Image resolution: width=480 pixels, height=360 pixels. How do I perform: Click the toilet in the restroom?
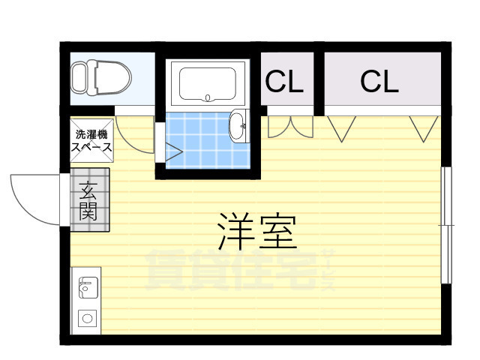tap(101, 78)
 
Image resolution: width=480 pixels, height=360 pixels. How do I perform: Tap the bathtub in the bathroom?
tap(208, 83)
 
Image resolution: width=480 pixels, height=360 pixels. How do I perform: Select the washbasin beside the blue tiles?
tap(238, 126)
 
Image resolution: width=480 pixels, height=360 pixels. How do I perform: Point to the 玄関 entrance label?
tap(88, 200)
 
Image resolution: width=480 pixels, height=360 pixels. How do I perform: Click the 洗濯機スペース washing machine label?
tap(91, 141)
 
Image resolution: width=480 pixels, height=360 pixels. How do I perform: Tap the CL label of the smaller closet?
tap(284, 82)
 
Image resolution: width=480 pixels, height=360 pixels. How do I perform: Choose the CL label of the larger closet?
tap(379, 82)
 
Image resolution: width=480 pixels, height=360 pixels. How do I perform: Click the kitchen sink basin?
tap(88, 287)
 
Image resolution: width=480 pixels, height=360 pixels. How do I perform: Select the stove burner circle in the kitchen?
tap(88, 318)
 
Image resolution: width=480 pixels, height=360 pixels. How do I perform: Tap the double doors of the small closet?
tap(290, 127)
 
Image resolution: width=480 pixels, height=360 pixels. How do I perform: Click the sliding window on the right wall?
tap(446, 225)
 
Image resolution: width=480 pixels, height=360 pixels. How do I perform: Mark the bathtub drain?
tap(208, 98)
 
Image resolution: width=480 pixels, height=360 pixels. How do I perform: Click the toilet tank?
tap(78, 78)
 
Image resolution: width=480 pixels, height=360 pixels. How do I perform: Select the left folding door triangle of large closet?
tap(342, 128)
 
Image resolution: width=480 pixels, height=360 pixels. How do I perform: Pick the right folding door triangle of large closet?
tap(424, 128)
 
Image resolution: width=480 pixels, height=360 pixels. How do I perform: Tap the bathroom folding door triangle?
tap(174, 151)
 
